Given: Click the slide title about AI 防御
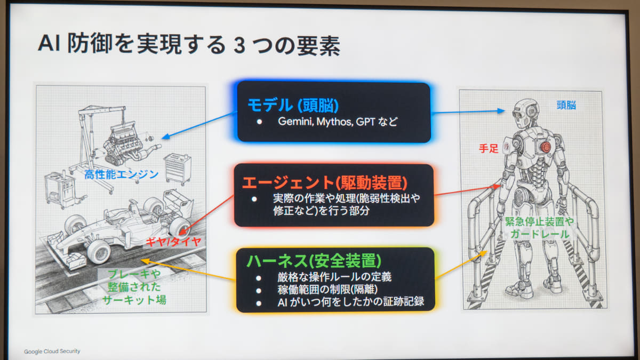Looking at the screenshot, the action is coord(189,45).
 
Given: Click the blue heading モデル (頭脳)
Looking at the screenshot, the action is coord(293,105).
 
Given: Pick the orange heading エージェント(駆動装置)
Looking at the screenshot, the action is coord(325,183).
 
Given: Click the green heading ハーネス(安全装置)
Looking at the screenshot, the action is coord(314,261).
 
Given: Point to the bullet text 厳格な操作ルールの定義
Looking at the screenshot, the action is coord(334,277).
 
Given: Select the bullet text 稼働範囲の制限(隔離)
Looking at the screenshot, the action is coord(327,290).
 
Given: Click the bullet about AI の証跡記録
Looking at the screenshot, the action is coord(350,302).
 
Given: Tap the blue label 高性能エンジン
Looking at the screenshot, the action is coord(122,174).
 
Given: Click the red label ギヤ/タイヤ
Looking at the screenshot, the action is coord(173,242).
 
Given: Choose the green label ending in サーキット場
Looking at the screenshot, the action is coord(134,287).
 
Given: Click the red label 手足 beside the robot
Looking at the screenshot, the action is coord(489,149).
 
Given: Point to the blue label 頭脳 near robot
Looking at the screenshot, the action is coord(566,105).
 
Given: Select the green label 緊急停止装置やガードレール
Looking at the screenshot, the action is coord(539,228).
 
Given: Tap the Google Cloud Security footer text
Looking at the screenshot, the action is coord(52,351).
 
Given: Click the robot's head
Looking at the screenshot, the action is coord(525,114).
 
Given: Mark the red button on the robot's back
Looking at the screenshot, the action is coord(546,147).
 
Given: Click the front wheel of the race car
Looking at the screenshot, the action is coord(99,252).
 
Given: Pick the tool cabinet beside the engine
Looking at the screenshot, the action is coord(178,169).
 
